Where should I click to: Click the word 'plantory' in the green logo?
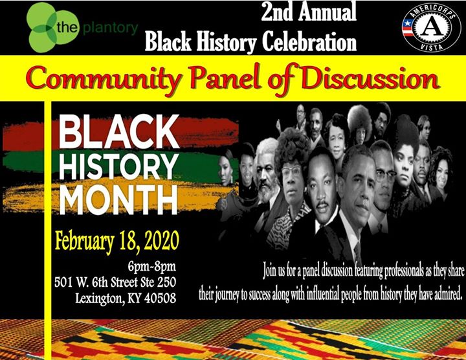(x=111, y=29)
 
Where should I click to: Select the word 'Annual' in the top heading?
(x=327, y=12)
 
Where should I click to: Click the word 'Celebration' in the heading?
(x=309, y=41)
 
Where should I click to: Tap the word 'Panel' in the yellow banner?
(x=225, y=77)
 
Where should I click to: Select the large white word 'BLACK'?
(x=118, y=131)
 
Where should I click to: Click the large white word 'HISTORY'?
(x=118, y=166)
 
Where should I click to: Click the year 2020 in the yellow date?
(x=161, y=241)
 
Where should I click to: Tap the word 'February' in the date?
(x=84, y=242)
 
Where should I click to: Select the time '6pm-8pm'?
(x=151, y=267)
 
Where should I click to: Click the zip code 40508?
(x=161, y=298)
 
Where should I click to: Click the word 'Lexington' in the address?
(x=100, y=298)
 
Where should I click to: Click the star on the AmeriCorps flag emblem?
(x=408, y=23)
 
